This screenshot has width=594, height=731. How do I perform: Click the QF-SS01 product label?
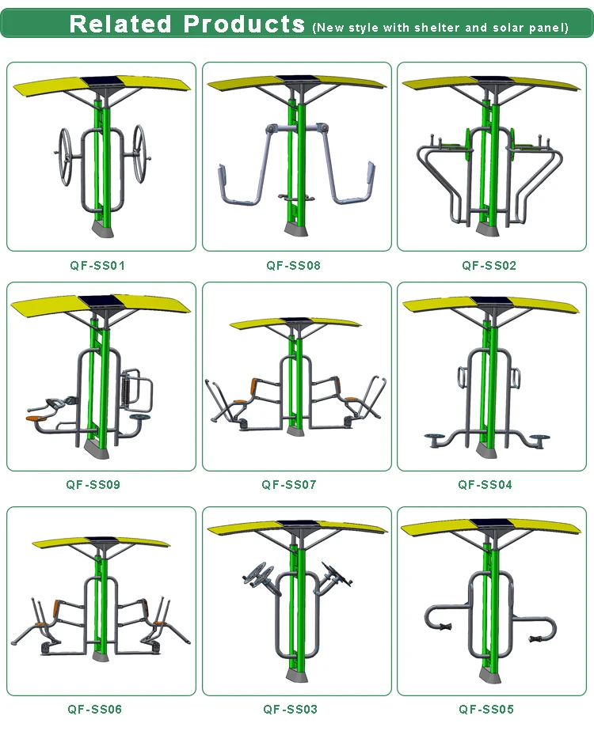click(x=97, y=266)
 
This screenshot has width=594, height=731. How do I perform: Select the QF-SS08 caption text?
click(x=294, y=266)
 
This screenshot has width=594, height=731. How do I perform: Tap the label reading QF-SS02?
click(x=489, y=266)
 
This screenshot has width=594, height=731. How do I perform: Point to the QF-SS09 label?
click(x=93, y=485)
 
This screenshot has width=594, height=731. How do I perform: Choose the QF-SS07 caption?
click(x=289, y=485)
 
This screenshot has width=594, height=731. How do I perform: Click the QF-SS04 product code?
click(x=485, y=485)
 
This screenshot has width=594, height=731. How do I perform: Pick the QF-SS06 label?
click(x=95, y=710)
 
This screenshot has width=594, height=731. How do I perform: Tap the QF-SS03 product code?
click(x=290, y=710)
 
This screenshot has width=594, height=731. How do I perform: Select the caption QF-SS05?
click(x=486, y=710)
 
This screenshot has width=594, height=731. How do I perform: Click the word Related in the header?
click(x=120, y=24)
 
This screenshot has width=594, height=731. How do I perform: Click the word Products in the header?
click(x=244, y=24)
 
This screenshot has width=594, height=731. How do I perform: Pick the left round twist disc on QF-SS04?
click(x=436, y=439)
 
